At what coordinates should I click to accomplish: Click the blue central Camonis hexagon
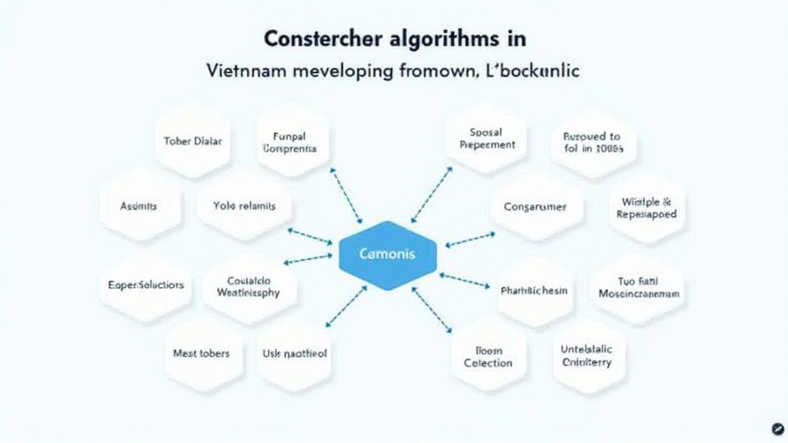coord(388,255)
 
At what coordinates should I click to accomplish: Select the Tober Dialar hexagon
coord(193,142)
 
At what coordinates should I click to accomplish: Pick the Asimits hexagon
coord(139,206)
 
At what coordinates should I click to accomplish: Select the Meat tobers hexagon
coord(201,353)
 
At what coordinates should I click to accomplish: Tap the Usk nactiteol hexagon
coord(294,354)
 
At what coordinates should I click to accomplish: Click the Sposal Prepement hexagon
coord(487,138)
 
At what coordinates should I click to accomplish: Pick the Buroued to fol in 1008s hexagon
coord(593,142)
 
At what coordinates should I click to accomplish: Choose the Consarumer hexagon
coord(535,207)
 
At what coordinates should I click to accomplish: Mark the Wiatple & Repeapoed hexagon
coord(646,208)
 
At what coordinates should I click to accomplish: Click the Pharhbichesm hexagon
coord(534,290)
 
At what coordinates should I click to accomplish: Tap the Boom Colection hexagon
coord(488,356)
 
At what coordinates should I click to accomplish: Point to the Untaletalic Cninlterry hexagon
coord(586,355)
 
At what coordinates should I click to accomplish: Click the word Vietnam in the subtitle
coord(239,71)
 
